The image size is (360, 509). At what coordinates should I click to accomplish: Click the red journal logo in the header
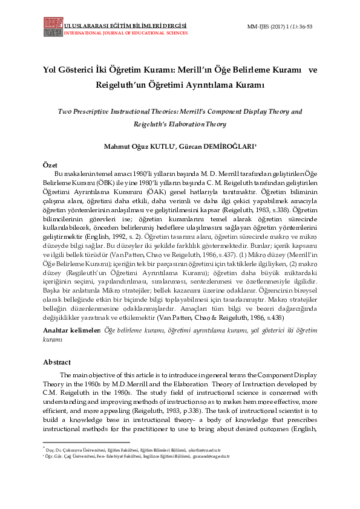53,27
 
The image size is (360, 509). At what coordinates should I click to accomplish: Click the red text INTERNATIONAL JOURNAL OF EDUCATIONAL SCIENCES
125,33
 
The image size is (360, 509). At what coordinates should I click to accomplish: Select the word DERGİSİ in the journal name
169,27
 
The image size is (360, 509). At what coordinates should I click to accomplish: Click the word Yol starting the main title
50,70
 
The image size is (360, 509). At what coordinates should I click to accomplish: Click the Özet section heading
50,164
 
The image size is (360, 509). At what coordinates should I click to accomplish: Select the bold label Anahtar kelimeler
72,331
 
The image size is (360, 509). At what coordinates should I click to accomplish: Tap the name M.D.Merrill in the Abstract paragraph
151,384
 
